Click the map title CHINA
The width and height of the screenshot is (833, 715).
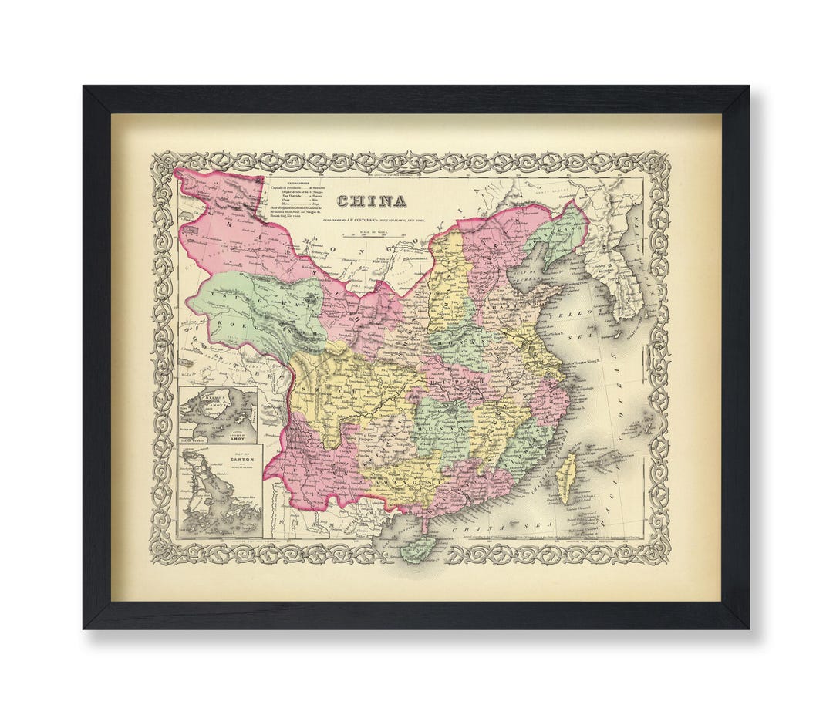pos(372,201)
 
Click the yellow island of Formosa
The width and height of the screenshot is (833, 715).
pos(568,476)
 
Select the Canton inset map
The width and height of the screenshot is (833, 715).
pos(219,490)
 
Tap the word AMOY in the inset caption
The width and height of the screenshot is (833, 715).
pos(234,437)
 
